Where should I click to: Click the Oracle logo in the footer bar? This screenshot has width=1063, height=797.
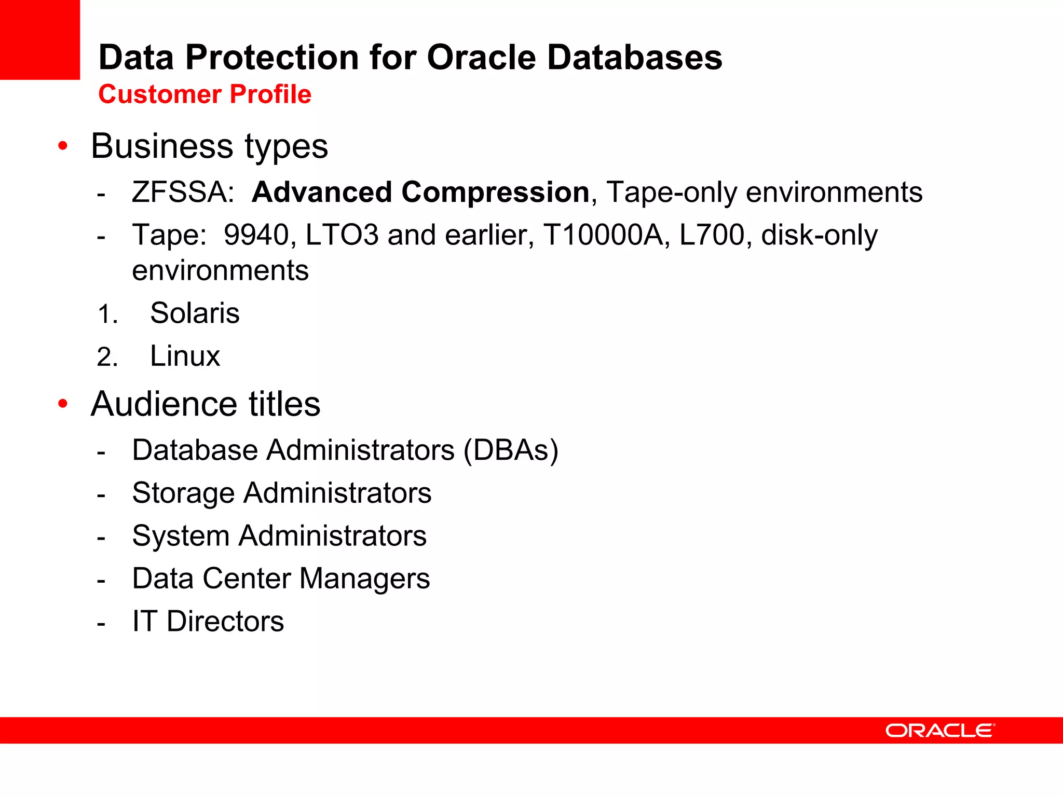point(940,731)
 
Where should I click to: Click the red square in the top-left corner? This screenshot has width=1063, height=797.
point(40,39)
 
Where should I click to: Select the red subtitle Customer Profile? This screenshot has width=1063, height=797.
point(205,94)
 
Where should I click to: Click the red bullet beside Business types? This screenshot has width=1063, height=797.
point(63,146)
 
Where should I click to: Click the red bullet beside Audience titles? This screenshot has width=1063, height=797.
point(63,404)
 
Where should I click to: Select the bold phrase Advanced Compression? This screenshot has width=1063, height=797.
point(420,192)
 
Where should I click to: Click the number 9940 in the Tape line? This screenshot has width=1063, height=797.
point(256,235)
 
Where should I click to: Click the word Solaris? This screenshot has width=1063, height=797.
point(195,313)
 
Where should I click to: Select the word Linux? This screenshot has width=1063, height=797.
point(185,356)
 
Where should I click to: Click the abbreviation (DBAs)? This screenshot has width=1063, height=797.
point(511,450)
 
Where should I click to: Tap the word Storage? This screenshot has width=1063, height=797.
point(183,493)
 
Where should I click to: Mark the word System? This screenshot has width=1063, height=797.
point(181,536)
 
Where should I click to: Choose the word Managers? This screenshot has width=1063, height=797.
point(364,579)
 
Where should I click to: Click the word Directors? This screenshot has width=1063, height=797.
point(225,621)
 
